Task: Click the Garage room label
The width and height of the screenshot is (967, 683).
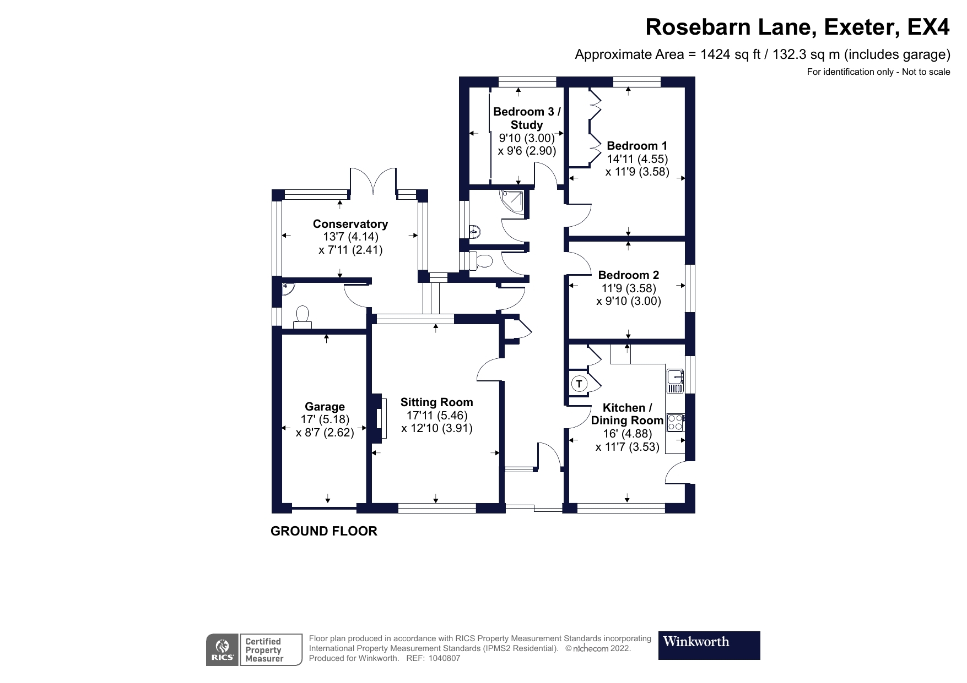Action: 325,407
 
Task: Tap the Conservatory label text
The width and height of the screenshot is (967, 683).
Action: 350,224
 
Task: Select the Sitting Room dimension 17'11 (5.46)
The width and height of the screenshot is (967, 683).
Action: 436,416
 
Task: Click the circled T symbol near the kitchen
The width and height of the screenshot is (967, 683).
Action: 579,384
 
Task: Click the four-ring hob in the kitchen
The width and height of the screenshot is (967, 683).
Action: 675,423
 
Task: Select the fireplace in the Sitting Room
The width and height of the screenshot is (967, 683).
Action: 379,418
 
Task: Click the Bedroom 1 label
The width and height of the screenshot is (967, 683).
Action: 637,146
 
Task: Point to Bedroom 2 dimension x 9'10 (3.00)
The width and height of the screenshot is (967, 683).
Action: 629,301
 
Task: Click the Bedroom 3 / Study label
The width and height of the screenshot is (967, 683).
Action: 527,118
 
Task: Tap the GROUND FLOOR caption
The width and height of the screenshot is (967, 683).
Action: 324,531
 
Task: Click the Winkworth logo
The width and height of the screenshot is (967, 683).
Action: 709,645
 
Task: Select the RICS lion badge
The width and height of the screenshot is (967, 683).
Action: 222,649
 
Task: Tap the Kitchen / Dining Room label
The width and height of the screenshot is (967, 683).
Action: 627,414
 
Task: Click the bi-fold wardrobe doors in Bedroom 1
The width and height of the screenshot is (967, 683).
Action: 595,128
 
